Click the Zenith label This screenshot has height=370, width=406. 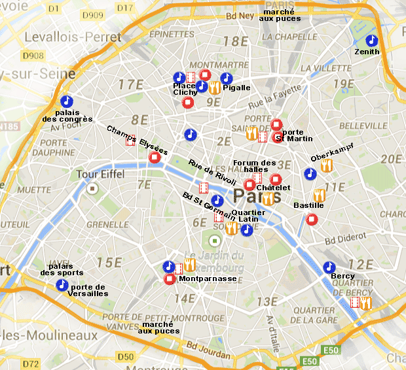click(366, 52)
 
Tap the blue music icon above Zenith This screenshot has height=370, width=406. click(371, 41)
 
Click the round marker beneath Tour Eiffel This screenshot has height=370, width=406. click(93, 189)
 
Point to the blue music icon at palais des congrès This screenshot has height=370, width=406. click(65, 102)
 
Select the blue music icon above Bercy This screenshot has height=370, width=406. click(329, 267)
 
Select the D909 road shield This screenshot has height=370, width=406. click(96, 14)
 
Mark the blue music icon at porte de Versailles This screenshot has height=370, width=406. click(62, 285)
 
